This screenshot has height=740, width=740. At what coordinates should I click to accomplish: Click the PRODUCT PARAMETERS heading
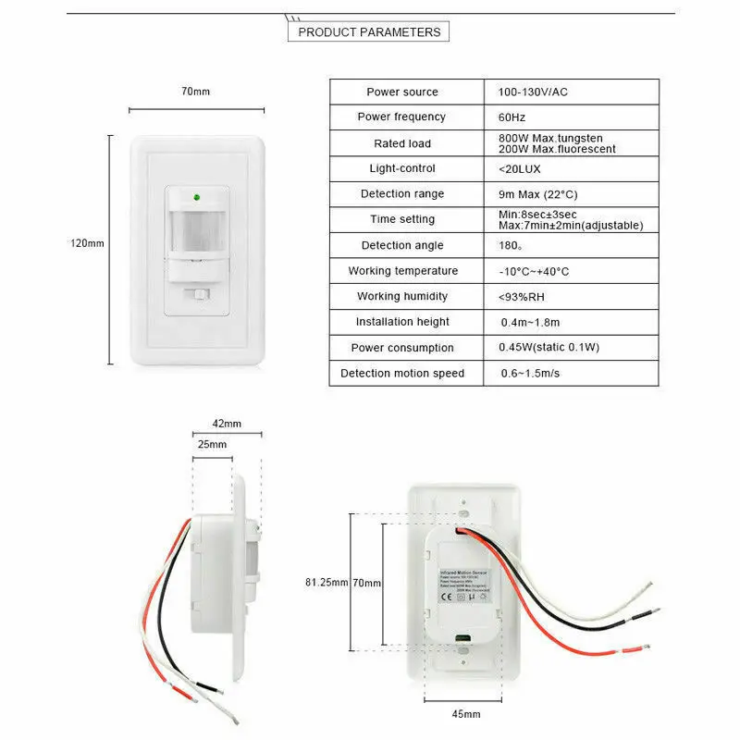(x=369, y=32)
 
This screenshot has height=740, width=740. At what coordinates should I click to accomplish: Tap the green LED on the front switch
(x=195, y=196)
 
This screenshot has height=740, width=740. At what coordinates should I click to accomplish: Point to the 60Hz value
(x=512, y=117)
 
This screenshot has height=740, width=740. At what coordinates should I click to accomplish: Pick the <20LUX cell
(x=519, y=168)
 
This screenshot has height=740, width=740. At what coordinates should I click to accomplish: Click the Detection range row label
(x=401, y=193)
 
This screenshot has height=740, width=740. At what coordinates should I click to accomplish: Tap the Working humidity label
(x=402, y=296)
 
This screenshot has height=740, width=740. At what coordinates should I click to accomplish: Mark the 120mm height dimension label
(x=87, y=243)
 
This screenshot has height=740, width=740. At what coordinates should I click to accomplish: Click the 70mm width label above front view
(x=195, y=92)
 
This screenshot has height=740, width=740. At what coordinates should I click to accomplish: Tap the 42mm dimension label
(x=227, y=424)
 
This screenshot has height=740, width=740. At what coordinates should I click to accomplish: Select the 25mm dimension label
(x=212, y=445)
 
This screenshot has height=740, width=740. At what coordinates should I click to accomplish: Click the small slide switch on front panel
(x=198, y=294)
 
